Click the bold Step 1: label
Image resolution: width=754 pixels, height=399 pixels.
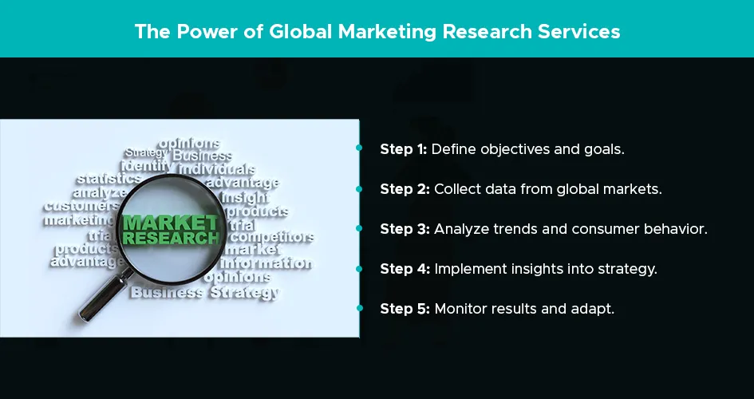pyautogui.click(x=404, y=149)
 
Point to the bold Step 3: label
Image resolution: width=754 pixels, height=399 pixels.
pyautogui.click(x=405, y=229)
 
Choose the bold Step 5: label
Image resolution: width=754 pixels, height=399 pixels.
pyautogui.click(x=405, y=309)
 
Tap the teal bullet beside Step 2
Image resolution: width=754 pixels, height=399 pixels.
pyautogui.click(x=359, y=189)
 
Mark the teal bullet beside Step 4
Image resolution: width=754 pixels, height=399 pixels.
pyautogui.click(x=359, y=269)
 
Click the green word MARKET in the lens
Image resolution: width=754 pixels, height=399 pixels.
pyautogui.click(x=171, y=223)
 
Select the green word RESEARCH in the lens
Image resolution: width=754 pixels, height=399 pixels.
pyautogui.click(x=171, y=238)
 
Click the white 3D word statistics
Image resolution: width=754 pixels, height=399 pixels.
pyautogui.click(x=109, y=179)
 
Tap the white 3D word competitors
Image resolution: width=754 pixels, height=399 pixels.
pyautogui.click(x=273, y=237)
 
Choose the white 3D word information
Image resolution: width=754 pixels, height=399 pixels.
pyautogui.click(x=266, y=263)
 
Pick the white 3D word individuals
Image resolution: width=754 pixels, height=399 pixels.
pyautogui.click(x=217, y=169)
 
